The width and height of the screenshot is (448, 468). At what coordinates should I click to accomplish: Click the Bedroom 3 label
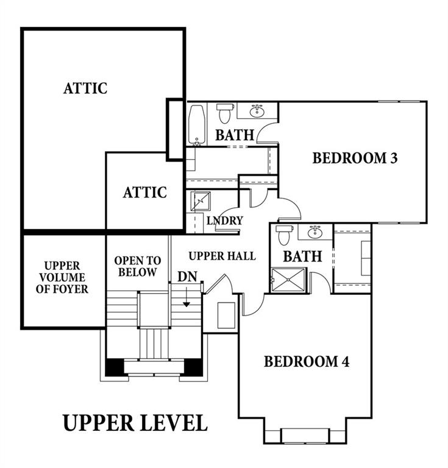(355, 158)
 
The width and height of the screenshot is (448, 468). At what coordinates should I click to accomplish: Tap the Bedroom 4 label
(307, 361)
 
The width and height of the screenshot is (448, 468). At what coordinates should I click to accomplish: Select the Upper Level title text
(135, 423)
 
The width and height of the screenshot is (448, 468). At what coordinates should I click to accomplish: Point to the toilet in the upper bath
(224, 113)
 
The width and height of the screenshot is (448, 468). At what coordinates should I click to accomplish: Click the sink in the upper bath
(257, 112)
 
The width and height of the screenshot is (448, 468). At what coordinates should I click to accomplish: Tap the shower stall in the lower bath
(288, 280)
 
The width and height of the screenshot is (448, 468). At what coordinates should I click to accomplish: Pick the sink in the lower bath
(315, 232)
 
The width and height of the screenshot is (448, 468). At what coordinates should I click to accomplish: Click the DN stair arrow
(187, 297)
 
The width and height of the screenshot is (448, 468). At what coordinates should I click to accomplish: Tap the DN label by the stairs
(188, 277)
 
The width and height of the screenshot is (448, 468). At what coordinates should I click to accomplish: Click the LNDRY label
(225, 221)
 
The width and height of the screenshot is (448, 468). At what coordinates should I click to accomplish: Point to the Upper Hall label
(222, 256)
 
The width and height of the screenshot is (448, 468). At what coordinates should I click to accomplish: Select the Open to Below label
(138, 266)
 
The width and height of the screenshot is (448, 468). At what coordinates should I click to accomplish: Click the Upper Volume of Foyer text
(62, 277)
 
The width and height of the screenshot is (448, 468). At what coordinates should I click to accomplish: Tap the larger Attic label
(85, 88)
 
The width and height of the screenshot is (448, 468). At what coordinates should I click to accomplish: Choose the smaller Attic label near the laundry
(144, 192)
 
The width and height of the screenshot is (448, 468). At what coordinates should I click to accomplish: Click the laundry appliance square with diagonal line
(201, 202)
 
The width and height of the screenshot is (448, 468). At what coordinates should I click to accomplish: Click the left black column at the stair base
(115, 367)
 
